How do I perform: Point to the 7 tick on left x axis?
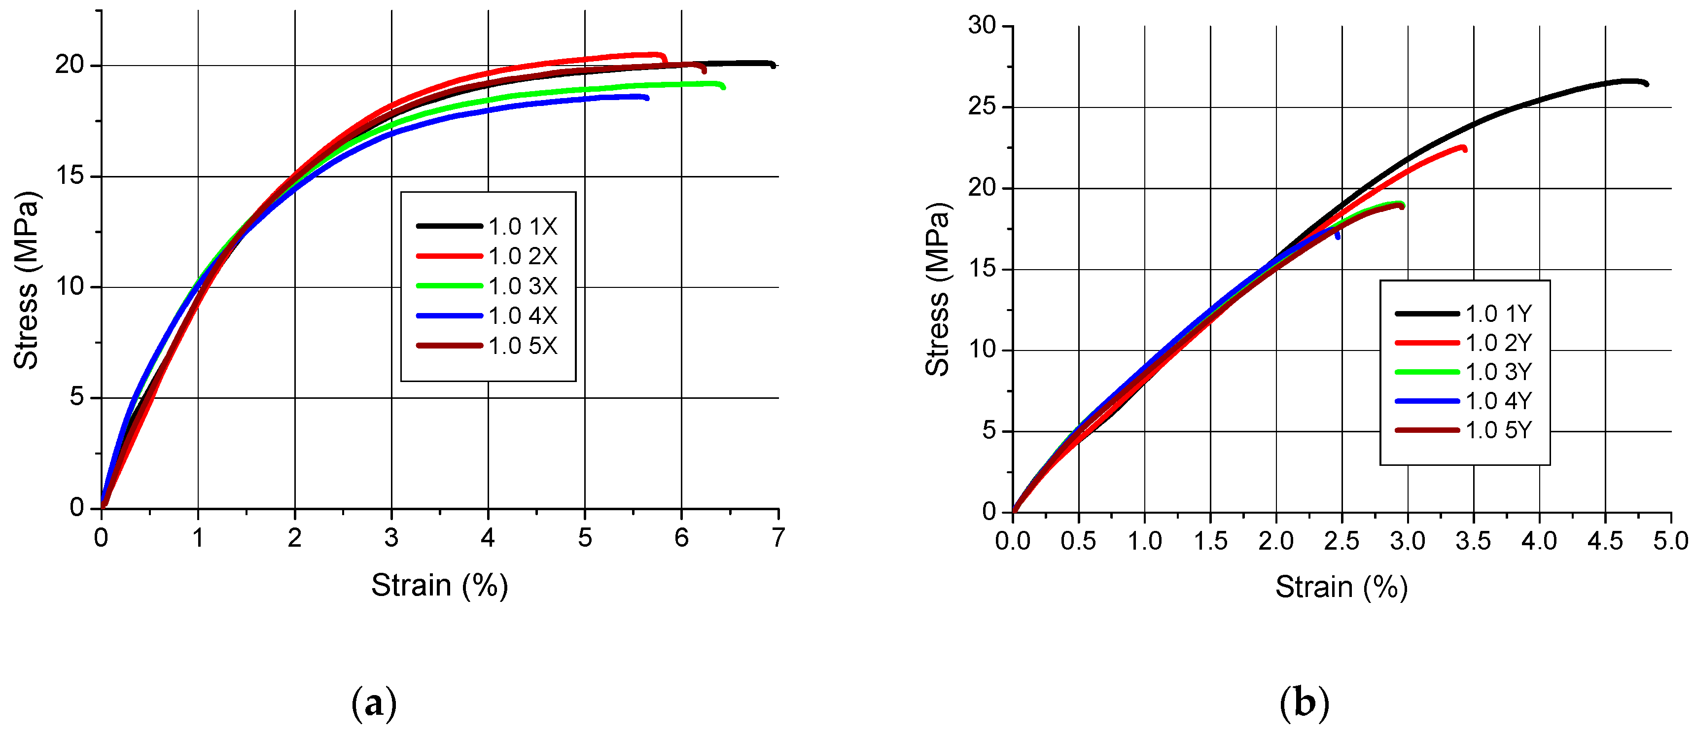tap(778, 538)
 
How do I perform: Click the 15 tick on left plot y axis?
tap(70, 176)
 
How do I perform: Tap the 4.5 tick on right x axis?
tap(1605, 542)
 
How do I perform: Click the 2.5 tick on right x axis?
tap(1341, 542)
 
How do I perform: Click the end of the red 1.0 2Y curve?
tap(1465, 150)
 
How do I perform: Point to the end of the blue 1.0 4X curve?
tap(647, 98)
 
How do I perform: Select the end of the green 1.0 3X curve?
tap(723, 87)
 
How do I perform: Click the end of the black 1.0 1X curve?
tap(774, 65)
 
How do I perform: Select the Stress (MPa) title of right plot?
tap(937, 289)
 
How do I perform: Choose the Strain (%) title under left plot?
tap(439, 585)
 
